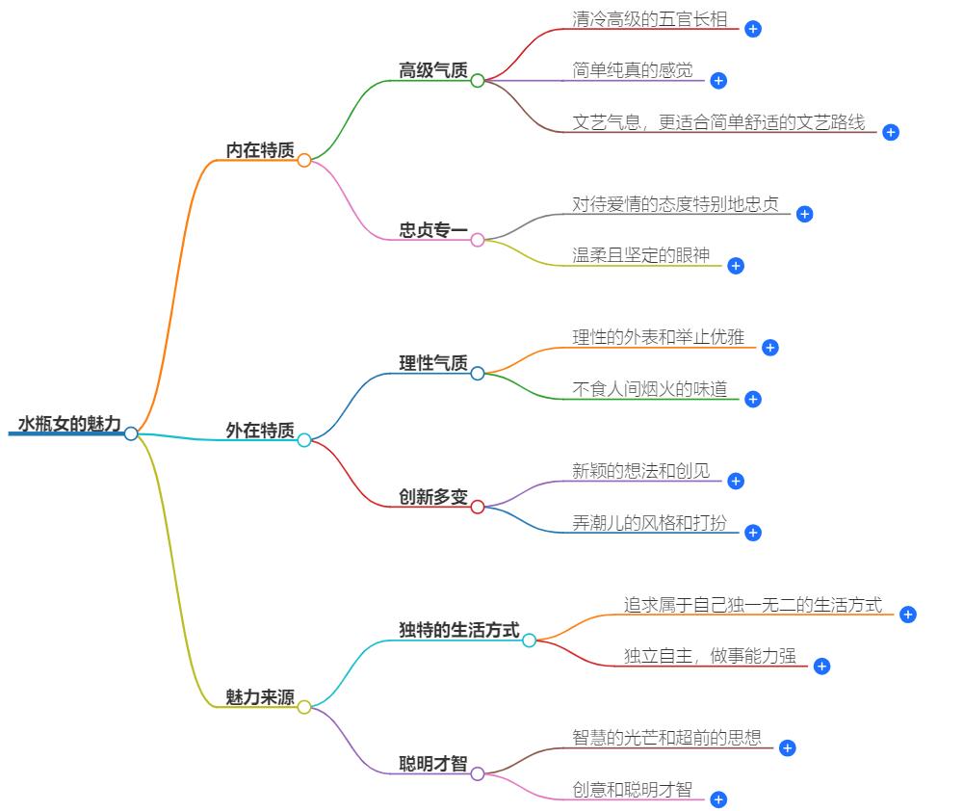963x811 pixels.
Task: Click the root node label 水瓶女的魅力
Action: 69,424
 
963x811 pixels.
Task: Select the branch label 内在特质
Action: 260,150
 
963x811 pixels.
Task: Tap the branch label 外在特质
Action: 260,431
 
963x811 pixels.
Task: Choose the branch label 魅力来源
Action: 260,697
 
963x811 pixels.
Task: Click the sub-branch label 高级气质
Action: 433,70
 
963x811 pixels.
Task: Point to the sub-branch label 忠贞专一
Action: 433,230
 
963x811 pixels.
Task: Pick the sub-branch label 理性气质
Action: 433,363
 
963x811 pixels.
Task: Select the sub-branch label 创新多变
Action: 433,497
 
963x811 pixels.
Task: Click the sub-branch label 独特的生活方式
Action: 459,630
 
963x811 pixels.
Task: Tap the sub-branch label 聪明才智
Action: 433,764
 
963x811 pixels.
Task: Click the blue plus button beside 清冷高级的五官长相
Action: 753,29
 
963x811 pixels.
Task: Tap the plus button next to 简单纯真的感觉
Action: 718,81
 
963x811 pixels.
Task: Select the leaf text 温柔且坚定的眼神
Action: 640,255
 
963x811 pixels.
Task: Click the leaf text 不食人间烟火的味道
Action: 650,389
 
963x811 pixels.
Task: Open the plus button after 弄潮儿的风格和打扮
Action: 753,533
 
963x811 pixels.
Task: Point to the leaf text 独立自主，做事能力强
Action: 710,656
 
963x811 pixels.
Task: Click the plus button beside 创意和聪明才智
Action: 718,799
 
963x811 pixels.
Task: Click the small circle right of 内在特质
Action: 304,161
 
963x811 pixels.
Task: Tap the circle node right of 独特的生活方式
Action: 529,641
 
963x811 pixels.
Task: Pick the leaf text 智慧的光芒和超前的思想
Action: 666,738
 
